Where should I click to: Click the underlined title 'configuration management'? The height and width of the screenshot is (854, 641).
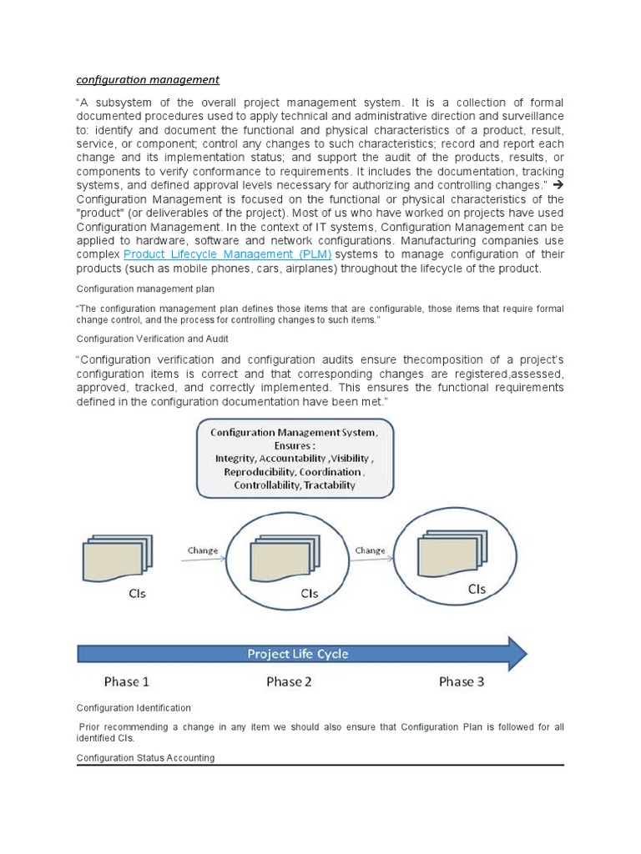[148, 80]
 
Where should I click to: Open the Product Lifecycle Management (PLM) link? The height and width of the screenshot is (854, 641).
[228, 254]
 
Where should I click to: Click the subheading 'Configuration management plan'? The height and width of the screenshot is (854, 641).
[145, 289]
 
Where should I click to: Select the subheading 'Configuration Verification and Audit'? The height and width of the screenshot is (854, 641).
[153, 339]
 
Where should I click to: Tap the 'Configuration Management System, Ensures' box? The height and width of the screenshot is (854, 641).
[294, 458]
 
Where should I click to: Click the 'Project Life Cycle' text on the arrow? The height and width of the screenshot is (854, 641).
[298, 654]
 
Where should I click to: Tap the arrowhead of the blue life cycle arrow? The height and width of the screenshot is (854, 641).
[515, 653]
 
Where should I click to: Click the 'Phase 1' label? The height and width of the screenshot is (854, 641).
[127, 681]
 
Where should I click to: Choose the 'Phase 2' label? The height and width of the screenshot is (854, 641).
[289, 681]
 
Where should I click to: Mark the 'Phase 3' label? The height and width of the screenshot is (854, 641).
[462, 681]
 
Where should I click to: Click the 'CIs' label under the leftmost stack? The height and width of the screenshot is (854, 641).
[138, 594]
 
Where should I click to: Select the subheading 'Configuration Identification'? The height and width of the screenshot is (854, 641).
[134, 708]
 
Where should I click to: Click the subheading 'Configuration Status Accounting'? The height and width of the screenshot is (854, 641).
[145, 757]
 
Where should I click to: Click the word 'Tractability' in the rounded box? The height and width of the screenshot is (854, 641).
[329, 485]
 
